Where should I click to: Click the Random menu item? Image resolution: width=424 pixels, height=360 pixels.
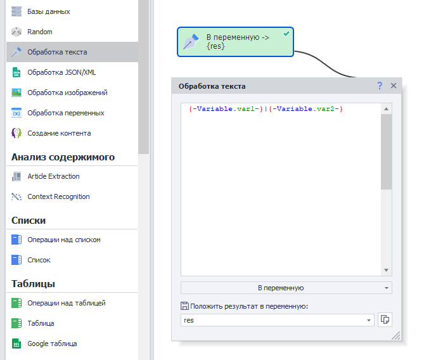(40, 32)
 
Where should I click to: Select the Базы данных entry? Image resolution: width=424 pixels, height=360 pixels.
(49, 11)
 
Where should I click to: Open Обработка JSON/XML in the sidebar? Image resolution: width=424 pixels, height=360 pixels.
(61, 72)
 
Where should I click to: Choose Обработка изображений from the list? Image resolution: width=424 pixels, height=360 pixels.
(67, 93)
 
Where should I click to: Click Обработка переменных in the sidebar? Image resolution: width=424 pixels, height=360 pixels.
(66, 113)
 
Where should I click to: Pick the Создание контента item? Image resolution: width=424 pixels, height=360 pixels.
(59, 133)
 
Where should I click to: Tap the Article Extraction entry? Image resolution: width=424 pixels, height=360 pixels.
(53, 176)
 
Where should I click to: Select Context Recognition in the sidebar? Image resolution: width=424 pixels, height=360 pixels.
(58, 196)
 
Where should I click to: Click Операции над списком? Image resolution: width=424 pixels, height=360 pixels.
(64, 240)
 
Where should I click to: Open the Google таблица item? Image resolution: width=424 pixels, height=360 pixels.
(52, 344)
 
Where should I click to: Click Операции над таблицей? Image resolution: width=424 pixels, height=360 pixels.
(67, 303)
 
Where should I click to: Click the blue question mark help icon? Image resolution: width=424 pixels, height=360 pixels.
(380, 86)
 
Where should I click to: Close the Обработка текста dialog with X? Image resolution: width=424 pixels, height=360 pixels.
(394, 86)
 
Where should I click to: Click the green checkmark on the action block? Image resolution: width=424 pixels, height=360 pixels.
(286, 34)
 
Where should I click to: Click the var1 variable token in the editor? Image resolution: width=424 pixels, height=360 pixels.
(226, 109)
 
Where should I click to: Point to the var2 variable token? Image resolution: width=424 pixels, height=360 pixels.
(306, 109)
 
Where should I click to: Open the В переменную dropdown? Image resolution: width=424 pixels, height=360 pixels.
(286, 288)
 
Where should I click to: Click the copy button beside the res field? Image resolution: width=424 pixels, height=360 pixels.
(385, 319)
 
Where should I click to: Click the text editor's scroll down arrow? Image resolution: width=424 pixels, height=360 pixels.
(386, 270)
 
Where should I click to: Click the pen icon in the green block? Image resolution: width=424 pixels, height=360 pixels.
(191, 42)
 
